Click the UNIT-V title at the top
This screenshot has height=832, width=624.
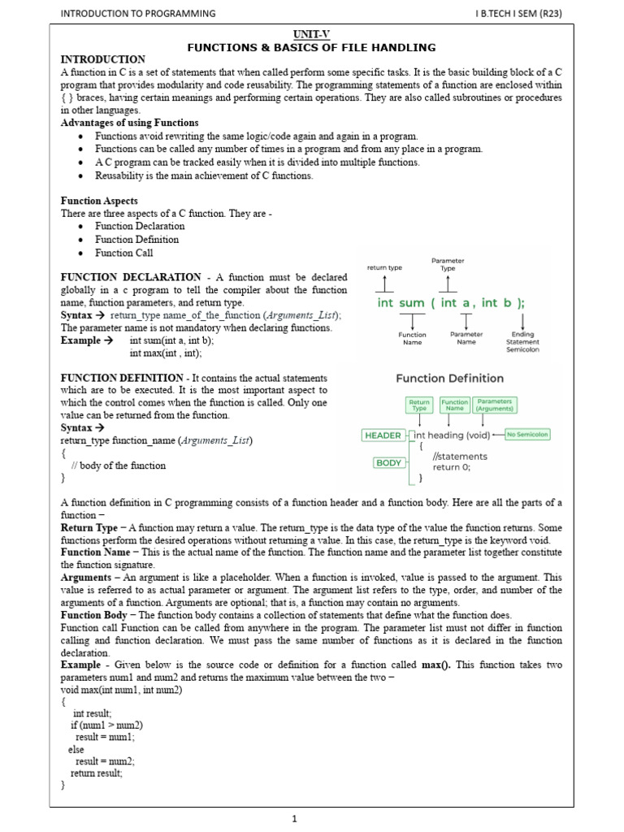pos(312,36)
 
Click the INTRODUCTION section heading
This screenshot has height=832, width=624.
pos(103,59)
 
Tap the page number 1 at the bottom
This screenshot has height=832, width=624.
pos(296,819)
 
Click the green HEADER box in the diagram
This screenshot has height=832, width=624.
pos(383,435)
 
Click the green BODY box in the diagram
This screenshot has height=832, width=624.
pos(389,462)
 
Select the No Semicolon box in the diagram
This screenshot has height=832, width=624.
pos(527,435)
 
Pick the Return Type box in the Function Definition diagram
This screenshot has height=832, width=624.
pos(419,405)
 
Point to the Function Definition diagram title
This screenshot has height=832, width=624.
pos(449,378)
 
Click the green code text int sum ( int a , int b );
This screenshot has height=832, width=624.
pos(451,303)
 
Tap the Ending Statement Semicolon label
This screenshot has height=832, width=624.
pos(522,342)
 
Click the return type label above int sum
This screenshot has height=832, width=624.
pos(384,266)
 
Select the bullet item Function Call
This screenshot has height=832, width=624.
pos(123,253)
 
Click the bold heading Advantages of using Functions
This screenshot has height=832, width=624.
pos(129,123)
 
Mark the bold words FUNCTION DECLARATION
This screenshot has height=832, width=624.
pos(131,277)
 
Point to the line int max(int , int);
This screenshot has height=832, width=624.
pos(166,353)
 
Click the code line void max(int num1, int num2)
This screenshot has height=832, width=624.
pos(122,690)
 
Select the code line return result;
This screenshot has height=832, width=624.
pos(97,773)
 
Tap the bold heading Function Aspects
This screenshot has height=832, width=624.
pos(99,201)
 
